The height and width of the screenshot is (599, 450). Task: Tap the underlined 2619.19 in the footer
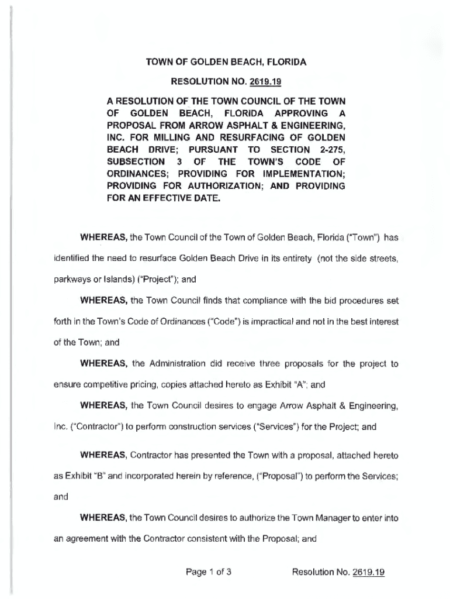(x=369, y=573)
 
